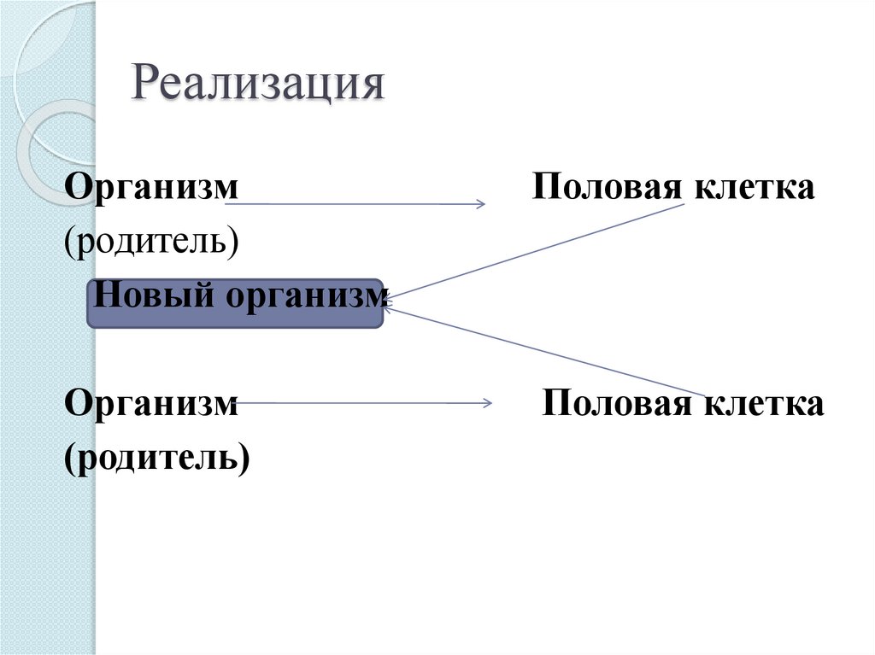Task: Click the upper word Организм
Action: tap(151, 187)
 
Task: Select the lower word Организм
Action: tap(151, 403)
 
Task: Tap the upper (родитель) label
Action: tap(151, 242)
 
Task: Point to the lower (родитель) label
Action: tap(157, 458)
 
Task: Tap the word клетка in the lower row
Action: tap(764, 403)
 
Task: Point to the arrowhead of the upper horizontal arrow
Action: tap(481, 204)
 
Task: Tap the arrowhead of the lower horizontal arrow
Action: tap(488, 403)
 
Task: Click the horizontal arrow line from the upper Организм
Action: tap(359, 204)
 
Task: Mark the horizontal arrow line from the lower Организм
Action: tap(359, 403)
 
